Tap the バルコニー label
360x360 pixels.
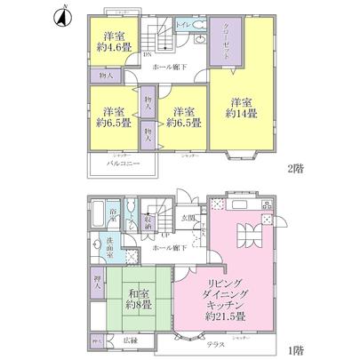(114, 164)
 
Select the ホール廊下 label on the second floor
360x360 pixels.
(168, 68)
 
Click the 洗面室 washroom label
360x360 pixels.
(104, 246)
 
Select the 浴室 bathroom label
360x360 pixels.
(114, 212)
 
